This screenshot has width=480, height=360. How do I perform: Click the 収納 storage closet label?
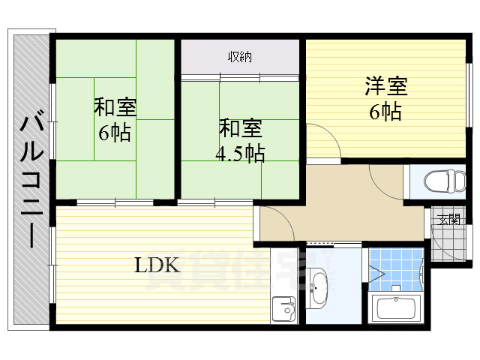[240, 57]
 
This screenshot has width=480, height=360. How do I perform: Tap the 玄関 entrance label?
[449, 219]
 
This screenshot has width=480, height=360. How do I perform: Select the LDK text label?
[157, 265]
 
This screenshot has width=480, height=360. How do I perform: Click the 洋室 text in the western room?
[386, 86]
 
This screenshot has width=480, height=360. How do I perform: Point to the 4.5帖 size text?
[240, 153]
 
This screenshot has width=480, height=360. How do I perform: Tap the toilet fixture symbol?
[445, 181]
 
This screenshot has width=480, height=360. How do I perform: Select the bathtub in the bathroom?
[396, 308]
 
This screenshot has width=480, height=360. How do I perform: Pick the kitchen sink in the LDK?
[283, 308]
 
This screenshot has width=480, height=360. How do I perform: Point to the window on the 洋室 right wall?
[469, 95]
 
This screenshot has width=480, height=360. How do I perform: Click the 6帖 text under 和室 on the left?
[115, 133]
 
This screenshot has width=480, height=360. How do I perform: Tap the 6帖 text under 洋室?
[385, 112]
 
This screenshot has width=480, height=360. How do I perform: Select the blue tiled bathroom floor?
[395, 269]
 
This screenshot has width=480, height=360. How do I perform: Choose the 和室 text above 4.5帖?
[241, 128]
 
